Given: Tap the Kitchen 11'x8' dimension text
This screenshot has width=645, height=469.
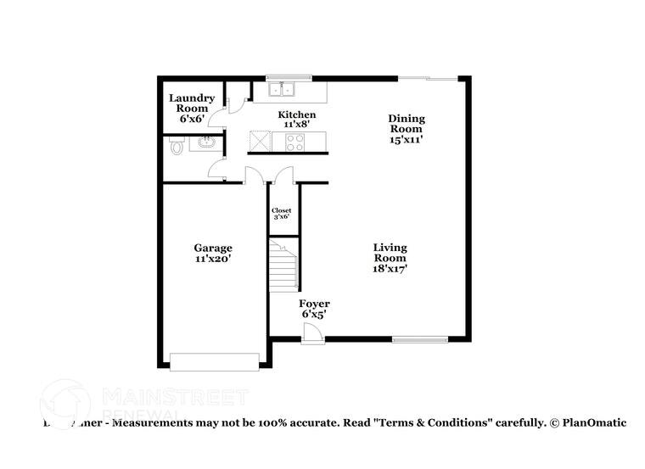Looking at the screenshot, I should [296, 125].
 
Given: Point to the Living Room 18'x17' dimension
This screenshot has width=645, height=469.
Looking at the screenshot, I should [390, 268].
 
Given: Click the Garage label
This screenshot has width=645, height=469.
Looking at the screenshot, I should [212, 248].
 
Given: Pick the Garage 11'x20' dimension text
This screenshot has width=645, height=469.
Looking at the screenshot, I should [212, 259].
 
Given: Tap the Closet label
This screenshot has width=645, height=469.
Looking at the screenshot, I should [281, 210].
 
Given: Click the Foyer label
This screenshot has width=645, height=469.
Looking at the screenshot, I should [314, 304].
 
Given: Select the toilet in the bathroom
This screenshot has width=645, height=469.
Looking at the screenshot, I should [177, 147].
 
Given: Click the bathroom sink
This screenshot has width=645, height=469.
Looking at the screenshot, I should [204, 145].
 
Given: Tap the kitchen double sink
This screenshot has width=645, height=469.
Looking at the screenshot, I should [281, 89].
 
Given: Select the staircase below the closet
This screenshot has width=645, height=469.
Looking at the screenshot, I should [283, 264].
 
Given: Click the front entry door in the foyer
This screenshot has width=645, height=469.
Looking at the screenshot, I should [312, 332].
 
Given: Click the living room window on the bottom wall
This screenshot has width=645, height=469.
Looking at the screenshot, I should [419, 340].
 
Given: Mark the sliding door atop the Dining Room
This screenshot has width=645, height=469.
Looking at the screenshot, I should [427, 79].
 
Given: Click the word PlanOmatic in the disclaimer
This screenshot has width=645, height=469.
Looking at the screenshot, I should [594, 422].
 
